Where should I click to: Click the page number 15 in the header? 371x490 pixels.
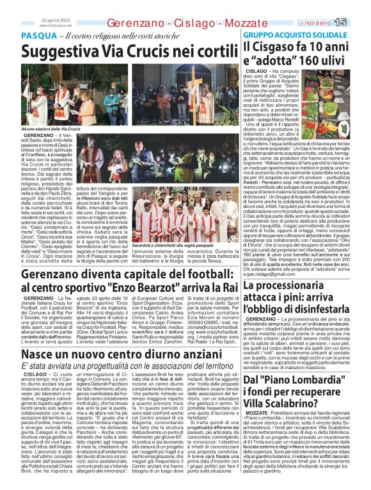(x=358, y=22)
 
